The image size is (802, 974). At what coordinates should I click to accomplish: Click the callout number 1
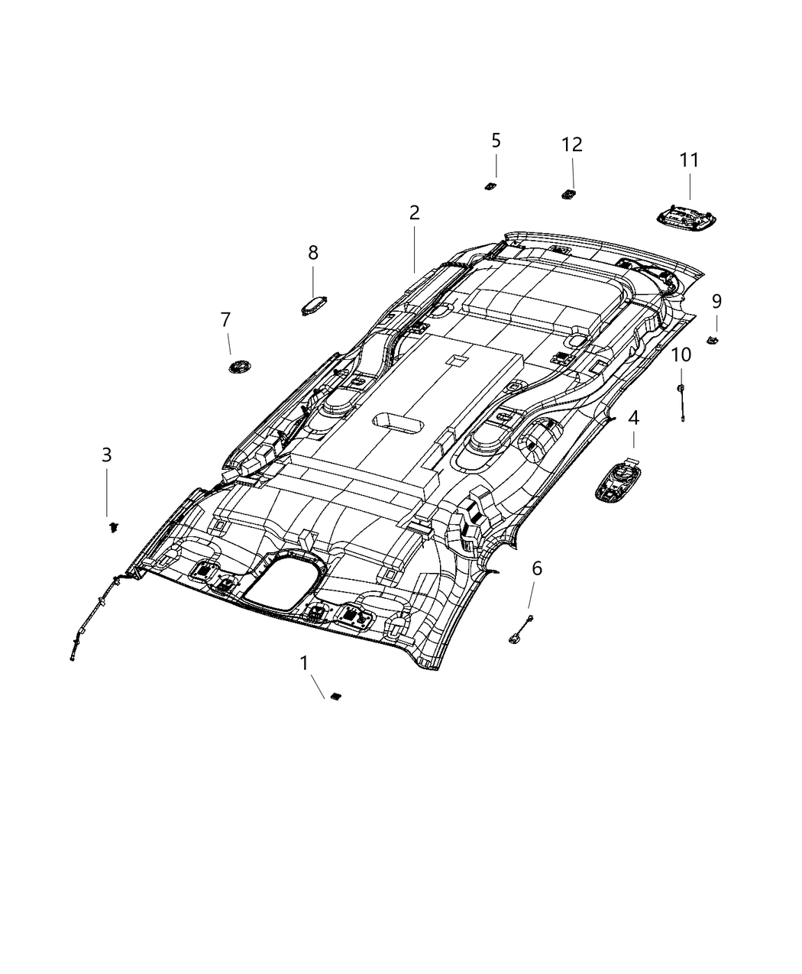coord(304,663)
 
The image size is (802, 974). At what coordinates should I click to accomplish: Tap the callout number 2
coord(414,213)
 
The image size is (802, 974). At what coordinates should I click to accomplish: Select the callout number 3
coord(107,455)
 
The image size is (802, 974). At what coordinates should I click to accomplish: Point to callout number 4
coord(633,418)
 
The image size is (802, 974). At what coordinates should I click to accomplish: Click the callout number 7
coord(225,320)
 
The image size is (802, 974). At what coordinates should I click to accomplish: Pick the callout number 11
coord(689,160)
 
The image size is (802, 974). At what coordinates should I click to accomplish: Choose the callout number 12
coord(572,144)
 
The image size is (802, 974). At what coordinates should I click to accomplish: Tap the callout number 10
coord(681,354)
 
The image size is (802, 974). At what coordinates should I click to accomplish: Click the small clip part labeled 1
coord(335,696)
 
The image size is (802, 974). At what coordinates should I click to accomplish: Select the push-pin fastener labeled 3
coord(113,526)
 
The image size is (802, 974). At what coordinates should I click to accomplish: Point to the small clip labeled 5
coord(490,186)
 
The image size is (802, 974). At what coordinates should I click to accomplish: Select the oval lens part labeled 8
coord(313,306)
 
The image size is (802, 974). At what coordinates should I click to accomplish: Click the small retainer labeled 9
coord(714,338)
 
